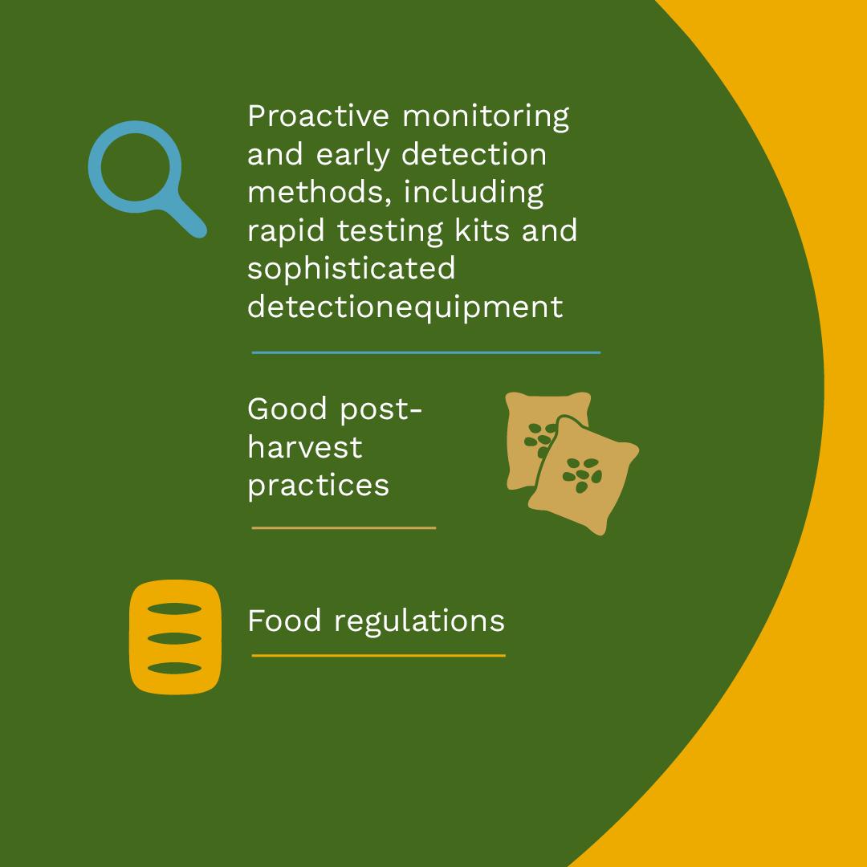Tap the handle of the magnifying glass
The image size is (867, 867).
pyautogui.click(x=185, y=218)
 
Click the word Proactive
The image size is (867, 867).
pyautogui.click(x=318, y=116)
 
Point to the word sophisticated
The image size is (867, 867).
pyautogui.click(x=351, y=269)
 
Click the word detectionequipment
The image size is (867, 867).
pyautogui.click(x=405, y=307)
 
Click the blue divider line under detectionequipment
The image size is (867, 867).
pyautogui.click(x=425, y=352)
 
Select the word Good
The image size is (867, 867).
pyautogui.click(x=287, y=409)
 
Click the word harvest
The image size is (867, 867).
pyautogui.click(x=305, y=446)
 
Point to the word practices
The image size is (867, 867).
pyautogui.click(x=319, y=486)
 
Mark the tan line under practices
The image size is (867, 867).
pyautogui.click(x=344, y=528)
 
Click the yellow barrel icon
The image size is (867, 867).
pyautogui.click(x=175, y=637)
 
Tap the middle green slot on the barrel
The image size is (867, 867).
pyautogui.click(x=175, y=639)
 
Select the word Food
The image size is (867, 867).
pyautogui.click(x=284, y=621)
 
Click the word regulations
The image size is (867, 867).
pyautogui.click(x=419, y=621)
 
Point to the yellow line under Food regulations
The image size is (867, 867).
pyautogui.click(x=378, y=656)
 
